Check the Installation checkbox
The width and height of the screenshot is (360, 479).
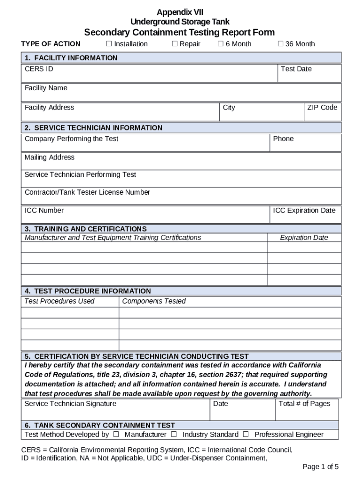[x=109, y=44]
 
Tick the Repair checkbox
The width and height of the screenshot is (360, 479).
[x=174, y=44]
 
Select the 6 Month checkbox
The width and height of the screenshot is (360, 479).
[x=221, y=44]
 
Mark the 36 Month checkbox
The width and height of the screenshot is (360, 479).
[x=281, y=44]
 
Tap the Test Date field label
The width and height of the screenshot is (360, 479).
[x=296, y=69]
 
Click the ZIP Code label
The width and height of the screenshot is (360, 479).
[x=322, y=108]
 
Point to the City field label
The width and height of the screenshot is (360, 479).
[x=229, y=108]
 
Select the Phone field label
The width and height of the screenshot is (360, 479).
[x=283, y=139]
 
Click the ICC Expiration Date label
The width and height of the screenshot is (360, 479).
[x=304, y=210]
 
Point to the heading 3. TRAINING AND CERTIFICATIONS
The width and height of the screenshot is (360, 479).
[x=86, y=229]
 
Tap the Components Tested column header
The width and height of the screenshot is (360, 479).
[x=154, y=301]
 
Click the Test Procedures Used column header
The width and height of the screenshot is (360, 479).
[x=59, y=301]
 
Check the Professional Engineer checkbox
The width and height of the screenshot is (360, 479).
[x=245, y=435]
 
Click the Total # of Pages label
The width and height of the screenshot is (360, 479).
[x=304, y=404]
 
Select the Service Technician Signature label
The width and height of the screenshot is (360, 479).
[x=70, y=404]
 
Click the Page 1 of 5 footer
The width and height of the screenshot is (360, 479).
[x=320, y=466]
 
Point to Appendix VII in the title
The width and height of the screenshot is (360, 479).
[x=180, y=12]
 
